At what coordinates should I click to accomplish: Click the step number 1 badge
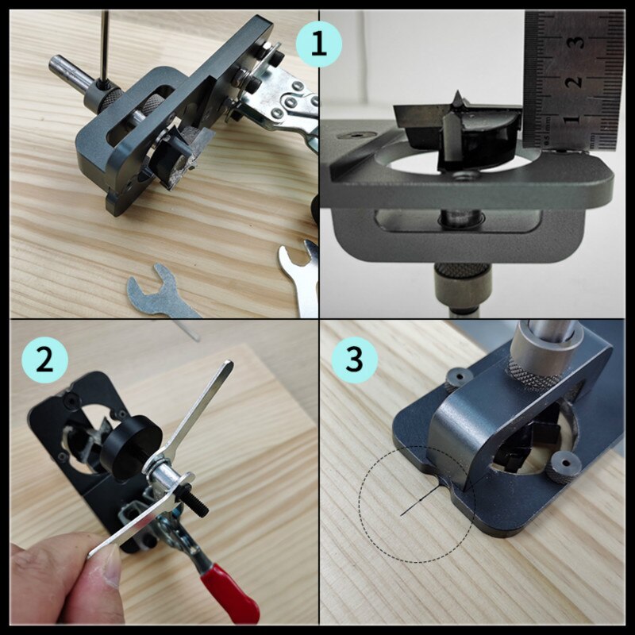pyautogui.click(x=318, y=43)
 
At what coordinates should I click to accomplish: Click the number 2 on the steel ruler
pyautogui.click(x=577, y=81)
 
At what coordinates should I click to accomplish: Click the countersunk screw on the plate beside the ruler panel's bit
pyautogui.click(x=460, y=181)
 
